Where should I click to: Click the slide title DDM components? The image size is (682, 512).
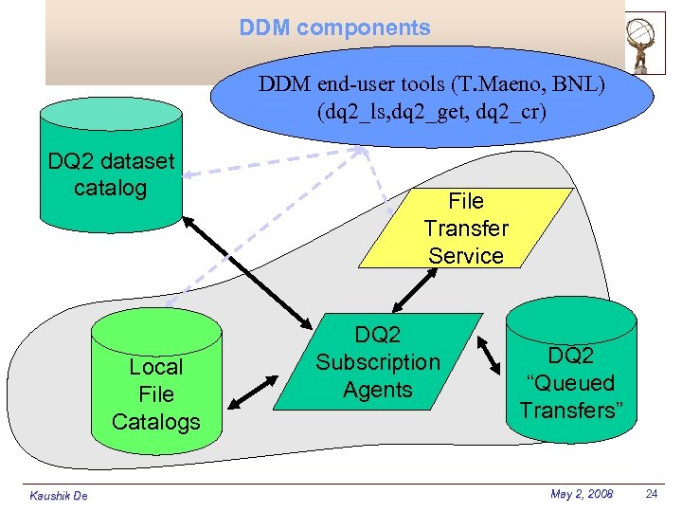click(334, 28)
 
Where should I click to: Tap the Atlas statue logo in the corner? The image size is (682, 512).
click(645, 42)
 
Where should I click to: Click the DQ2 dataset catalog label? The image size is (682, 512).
click(111, 174)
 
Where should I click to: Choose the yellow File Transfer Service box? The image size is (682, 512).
click(466, 229)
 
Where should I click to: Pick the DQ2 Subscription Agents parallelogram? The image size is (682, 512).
click(378, 362)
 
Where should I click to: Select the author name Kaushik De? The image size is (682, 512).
click(58, 495)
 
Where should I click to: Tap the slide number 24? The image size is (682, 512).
click(651, 494)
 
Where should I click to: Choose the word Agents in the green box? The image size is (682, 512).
click(378, 390)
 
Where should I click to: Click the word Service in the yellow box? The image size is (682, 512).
click(466, 256)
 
